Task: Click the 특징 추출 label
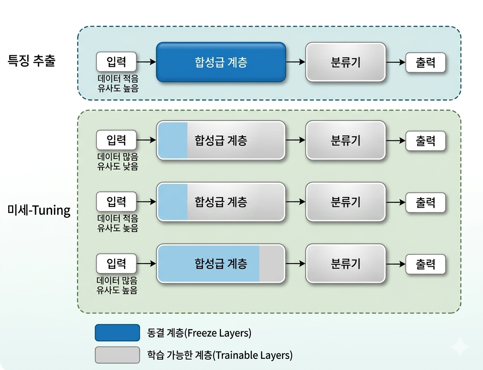coord(31,61)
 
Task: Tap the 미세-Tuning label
coord(39,211)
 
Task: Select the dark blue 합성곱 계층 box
coord(221,62)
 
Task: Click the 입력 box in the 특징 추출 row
coord(116,62)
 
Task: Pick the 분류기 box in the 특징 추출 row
coord(345,62)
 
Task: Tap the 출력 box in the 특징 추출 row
coord(426,62)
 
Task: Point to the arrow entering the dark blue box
coord(146,62)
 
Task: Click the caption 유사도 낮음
coord(118,167)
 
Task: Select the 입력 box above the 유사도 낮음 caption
coord(116,140)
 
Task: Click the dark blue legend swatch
coord(117,333)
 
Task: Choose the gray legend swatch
coord(117,355)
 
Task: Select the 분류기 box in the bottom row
coord(345,264)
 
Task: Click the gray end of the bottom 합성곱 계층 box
coord(271,264)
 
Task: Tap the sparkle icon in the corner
coord(459,346)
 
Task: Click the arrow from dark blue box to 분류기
coord(295,62)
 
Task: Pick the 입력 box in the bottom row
coord(116,263)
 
